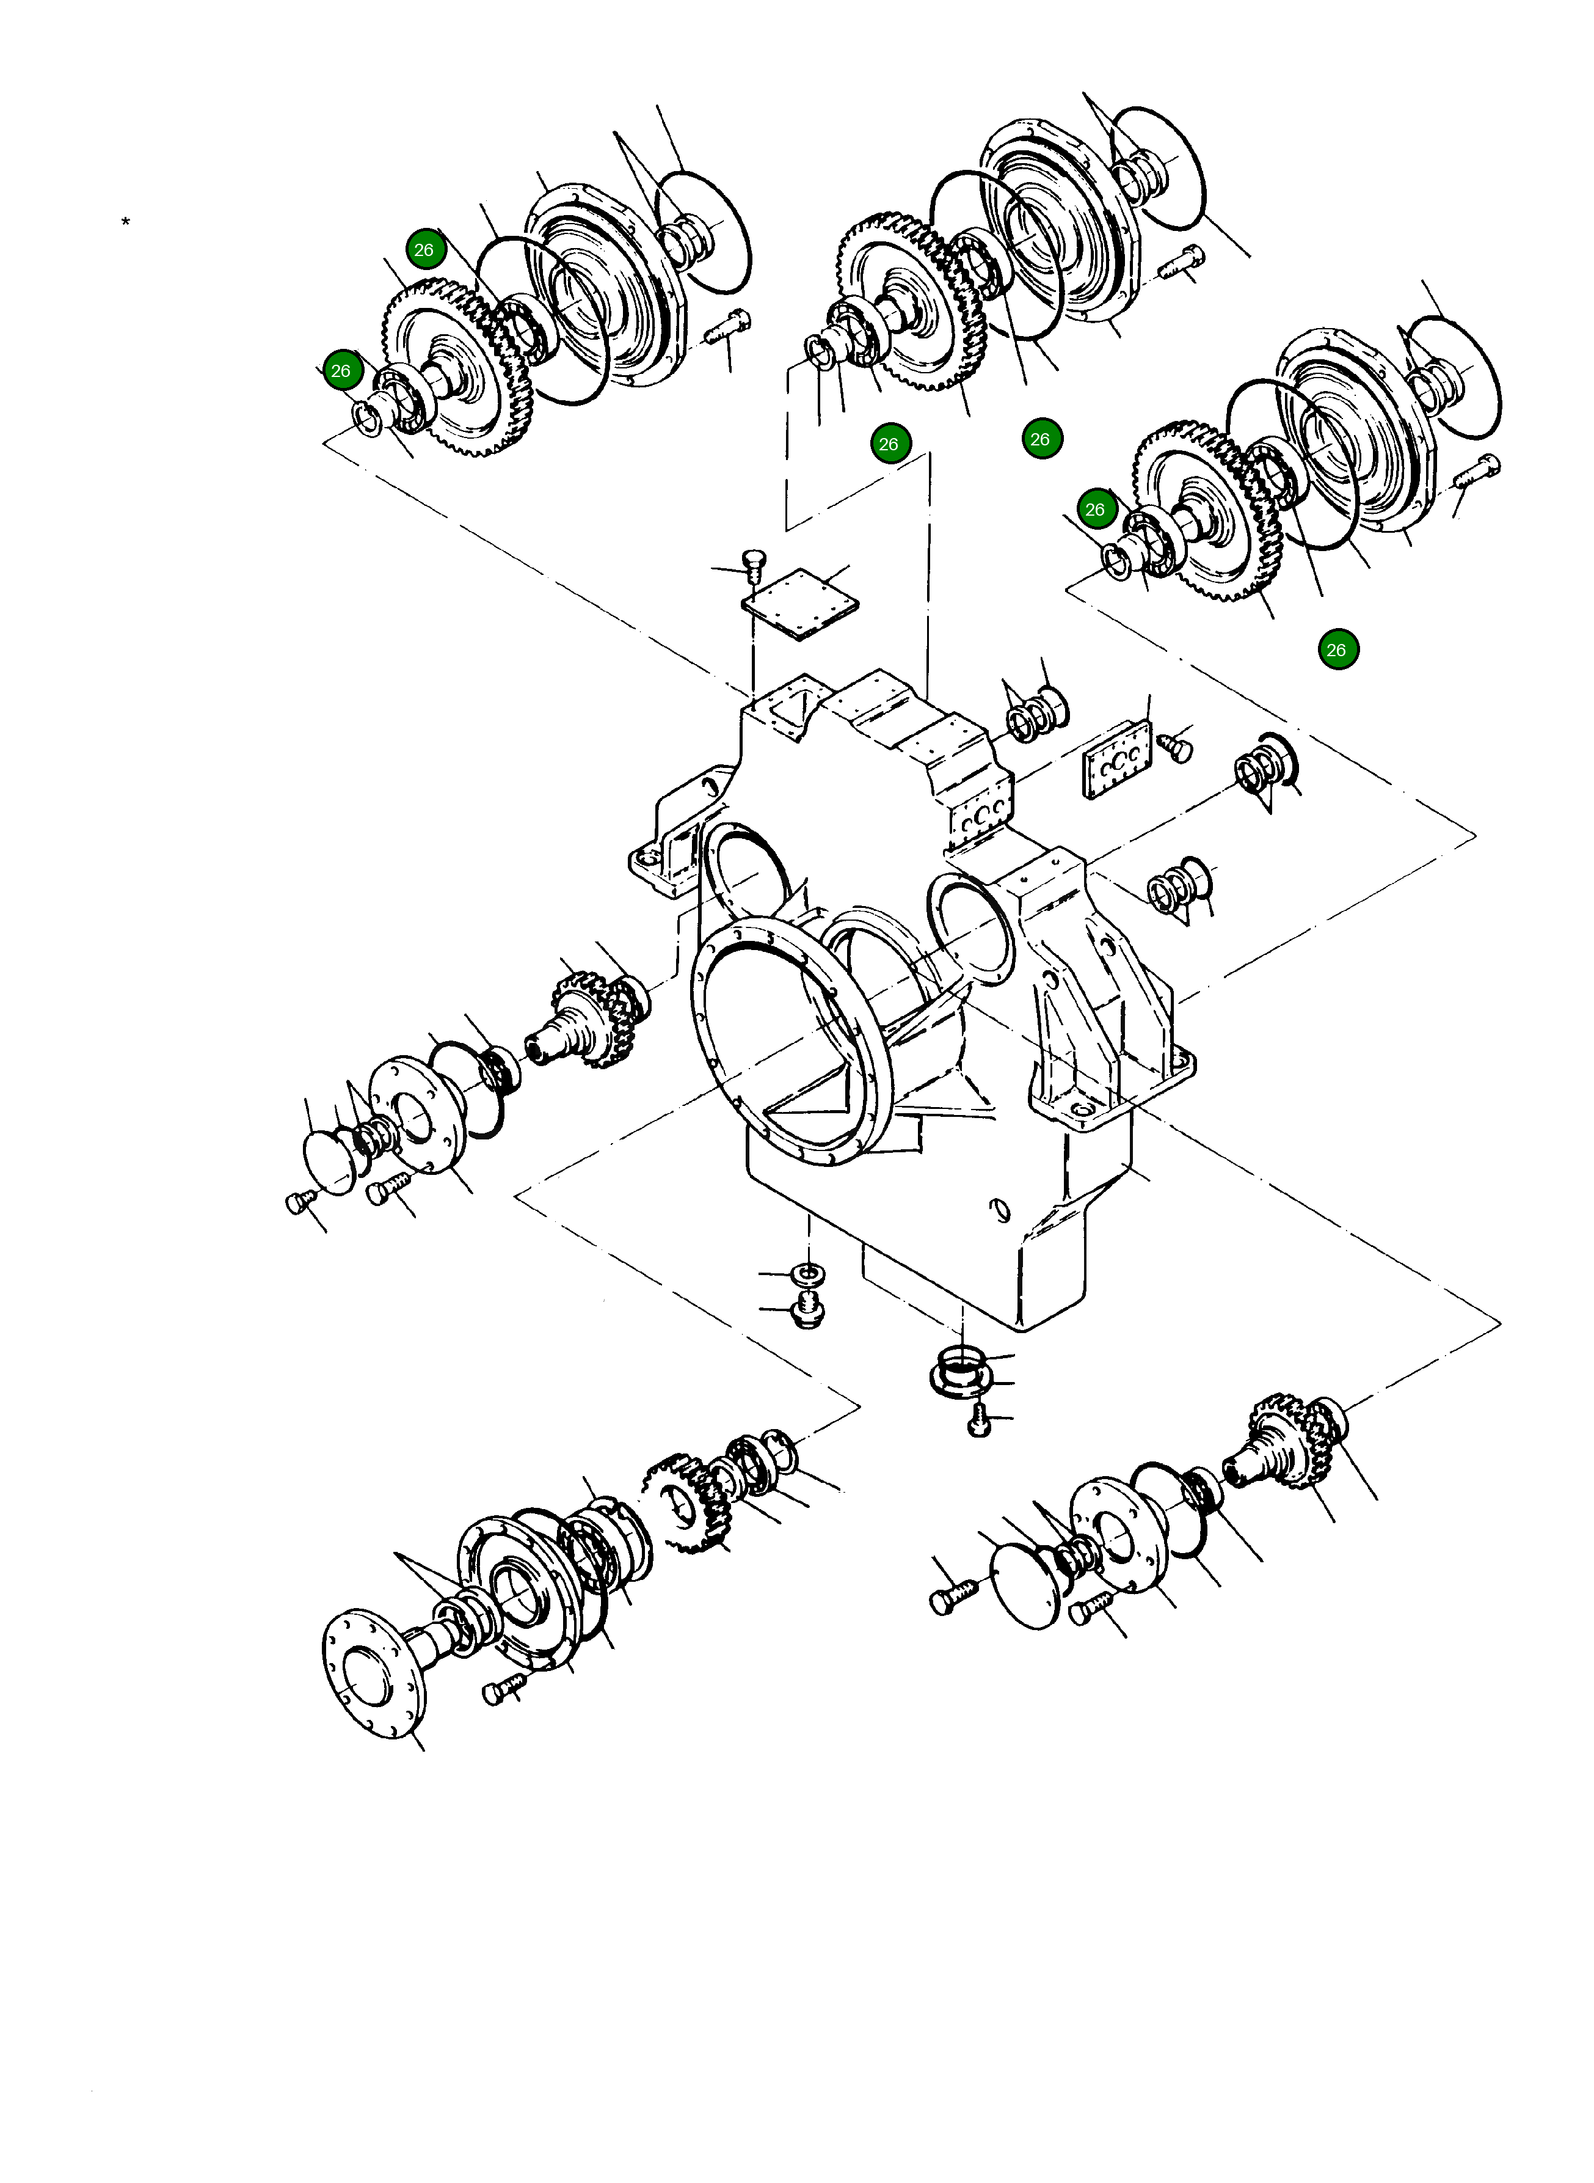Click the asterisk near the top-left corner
125,223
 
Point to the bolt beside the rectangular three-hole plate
1177,747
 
